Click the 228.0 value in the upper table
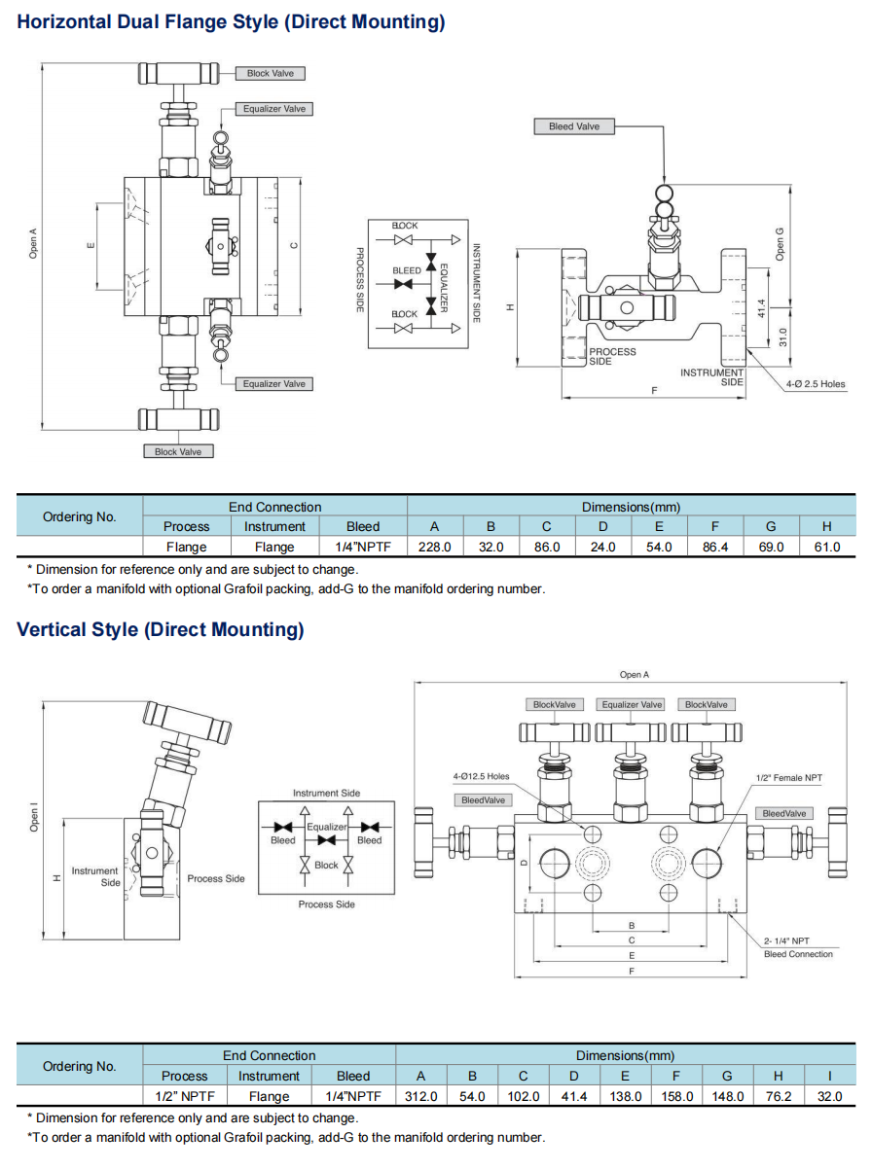pyautogui.click(x=434, y=547)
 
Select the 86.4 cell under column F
pyautogui.click(x=715, y=547)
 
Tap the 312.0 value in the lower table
pyautogui.click(x=420, y=1096)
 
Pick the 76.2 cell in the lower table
pyautogui.click(x=778, y=1096)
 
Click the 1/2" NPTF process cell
pyautogui.click(x=184, y=1096)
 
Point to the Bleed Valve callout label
pyautogui.click(x=574, y=126)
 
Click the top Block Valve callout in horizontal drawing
pyautogui.click(x=270, y=73)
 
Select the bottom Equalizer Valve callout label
pyautogui.click(x=273, y=384)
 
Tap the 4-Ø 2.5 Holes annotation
pyautogui.click(x=816, y=384)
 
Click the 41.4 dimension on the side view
pyautogui.click(x=762, y=305)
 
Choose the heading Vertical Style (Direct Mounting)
pyautogui.click(x=161, y=629)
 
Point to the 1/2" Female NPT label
pyautogui.click(x=789, y=778)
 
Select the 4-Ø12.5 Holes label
pyautogui.click(x=481, y=776)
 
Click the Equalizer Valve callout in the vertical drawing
pyautogui.click(x=632, y=704)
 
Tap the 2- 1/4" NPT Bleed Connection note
pyautogui.click(x=798, y=947)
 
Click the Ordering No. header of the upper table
pyautogui.click(x=80, y=516)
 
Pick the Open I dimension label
pyautogui.click(x=33, y=816)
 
